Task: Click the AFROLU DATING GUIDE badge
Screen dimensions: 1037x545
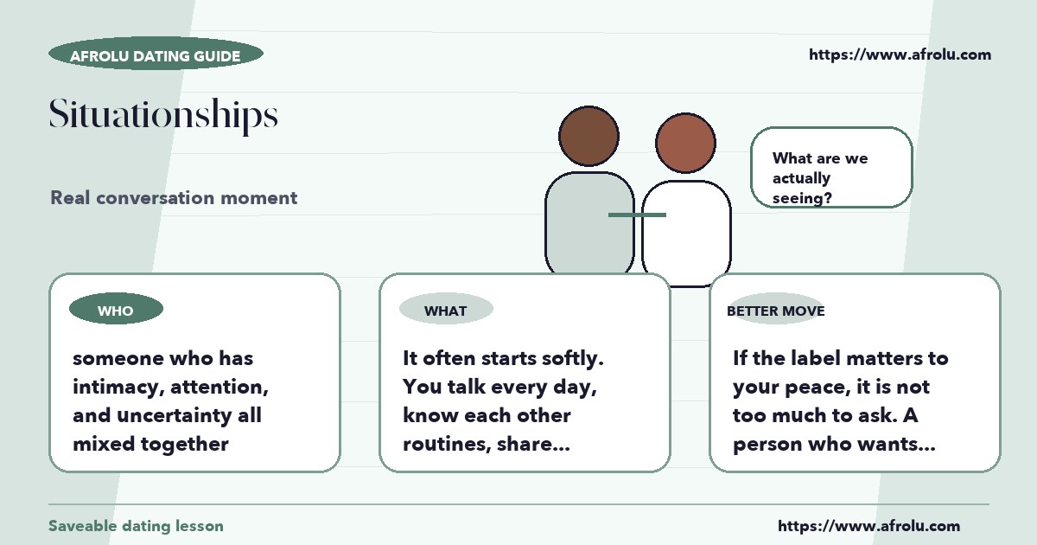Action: [156, 54]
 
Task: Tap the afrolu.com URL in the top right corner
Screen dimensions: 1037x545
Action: [900, 54]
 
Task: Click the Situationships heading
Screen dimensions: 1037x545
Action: [163, 114]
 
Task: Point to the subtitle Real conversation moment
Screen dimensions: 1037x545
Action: [174, 198]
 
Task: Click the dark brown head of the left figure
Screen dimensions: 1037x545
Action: [588, 136]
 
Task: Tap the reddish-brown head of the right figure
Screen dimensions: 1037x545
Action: [685, 143]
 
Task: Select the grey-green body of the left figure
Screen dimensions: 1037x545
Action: [589, 222]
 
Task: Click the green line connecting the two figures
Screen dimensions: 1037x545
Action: [637, 215]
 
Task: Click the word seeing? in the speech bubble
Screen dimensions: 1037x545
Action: [802, 198]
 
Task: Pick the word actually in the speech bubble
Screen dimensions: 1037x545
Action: [801, 178]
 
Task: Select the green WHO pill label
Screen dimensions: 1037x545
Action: [116, 309]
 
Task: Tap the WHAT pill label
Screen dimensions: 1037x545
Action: [446, 309]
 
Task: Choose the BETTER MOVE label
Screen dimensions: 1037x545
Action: [776, 311]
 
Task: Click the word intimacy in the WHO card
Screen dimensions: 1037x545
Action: [116, 388]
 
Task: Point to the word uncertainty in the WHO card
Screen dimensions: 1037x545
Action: [174, 416]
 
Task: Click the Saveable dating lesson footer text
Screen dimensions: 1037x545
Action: [137, 526]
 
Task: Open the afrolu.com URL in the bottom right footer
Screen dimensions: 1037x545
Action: [869, 526]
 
